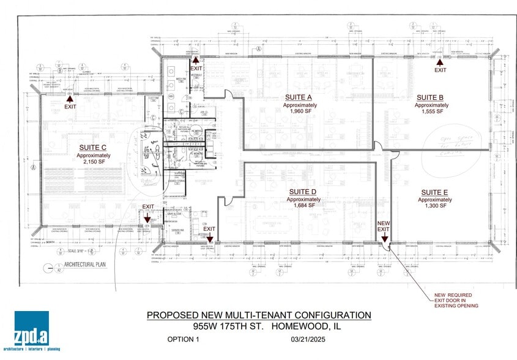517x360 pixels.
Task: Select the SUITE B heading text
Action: click(430, 97)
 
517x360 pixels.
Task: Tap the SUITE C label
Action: click(92, 148)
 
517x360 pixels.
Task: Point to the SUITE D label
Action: click(302, 192)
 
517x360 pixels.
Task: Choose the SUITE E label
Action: click(433, 192)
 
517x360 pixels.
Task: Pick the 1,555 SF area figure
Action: click(431, 112)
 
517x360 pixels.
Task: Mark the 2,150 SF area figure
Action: click(92, 163)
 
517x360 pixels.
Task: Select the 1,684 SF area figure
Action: click(302, 206)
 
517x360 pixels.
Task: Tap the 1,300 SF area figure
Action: click(433, 207)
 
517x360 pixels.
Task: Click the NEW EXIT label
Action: click(384, 226)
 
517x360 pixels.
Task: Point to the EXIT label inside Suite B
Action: click(440, 70)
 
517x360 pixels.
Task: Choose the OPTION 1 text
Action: click(183, 339)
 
